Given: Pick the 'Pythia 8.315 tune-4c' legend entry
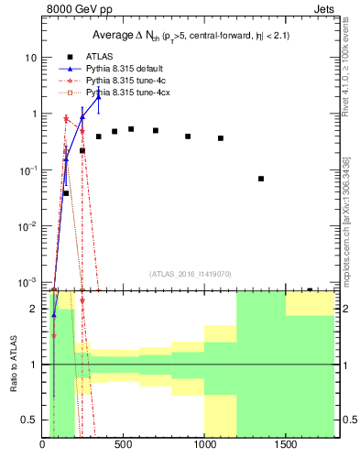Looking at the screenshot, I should (x=125, y=81).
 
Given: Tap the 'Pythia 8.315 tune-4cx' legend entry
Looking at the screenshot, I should (x=127, y=93).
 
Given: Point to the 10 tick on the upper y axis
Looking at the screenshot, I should (x=30, y=57).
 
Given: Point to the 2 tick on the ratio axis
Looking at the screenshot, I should (x=33, y=309).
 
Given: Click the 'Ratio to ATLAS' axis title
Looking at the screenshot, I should (x=13, y=365).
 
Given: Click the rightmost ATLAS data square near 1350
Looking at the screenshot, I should (x=261, y=179).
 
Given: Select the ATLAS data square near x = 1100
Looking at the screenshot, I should (x=221, y=138).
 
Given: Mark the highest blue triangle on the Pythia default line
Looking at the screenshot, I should (x=98, y=97).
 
